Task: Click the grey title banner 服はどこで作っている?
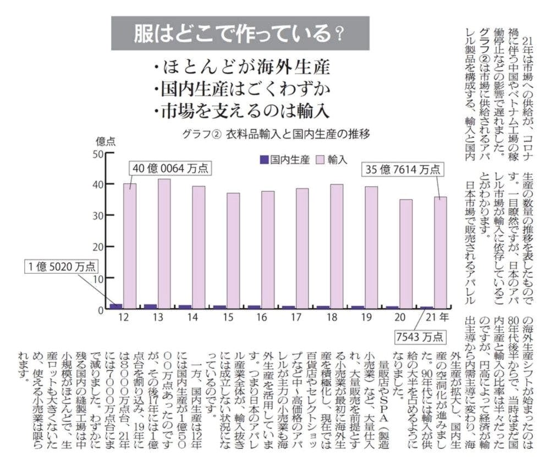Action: pos(240,34)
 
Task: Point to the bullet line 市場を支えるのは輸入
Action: pos(242,110)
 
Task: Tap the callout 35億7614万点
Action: pos(403,170)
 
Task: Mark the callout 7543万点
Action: pos(419,336)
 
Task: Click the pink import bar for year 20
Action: pos(406,253)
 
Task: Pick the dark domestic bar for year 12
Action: pos(116,307)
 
